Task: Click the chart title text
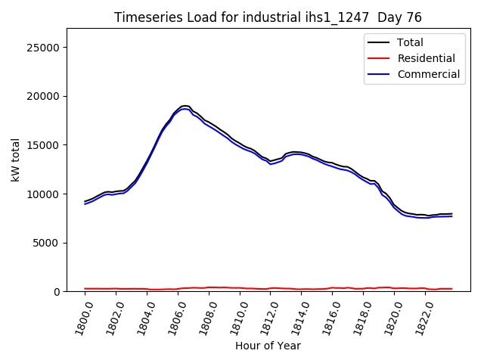pyautogui.click(x=268, y=17)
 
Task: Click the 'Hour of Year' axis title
pyautogui.click(x=268, y=346)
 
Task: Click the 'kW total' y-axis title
pyautogui.click(x=15, y=160)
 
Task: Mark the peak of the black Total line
pyautogui.click(x=185, y=106)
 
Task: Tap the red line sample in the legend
pyautogui.click(x=380, y=58)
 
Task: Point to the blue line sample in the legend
pyautogui.click(x=380, y=74)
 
